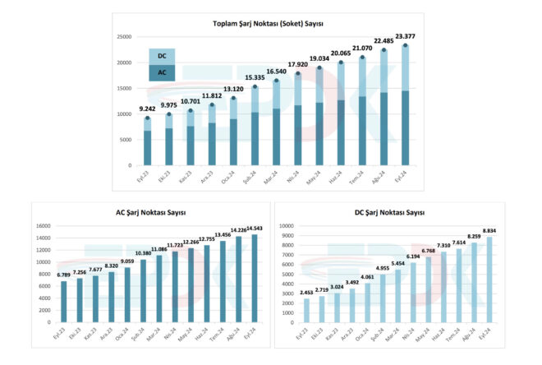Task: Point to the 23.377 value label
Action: coord(404,35)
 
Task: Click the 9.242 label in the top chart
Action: coord(148,109)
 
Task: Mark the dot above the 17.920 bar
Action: coord(296,72)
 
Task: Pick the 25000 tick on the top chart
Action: coord(124,37)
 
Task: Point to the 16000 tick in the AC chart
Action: coord(44,226)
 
